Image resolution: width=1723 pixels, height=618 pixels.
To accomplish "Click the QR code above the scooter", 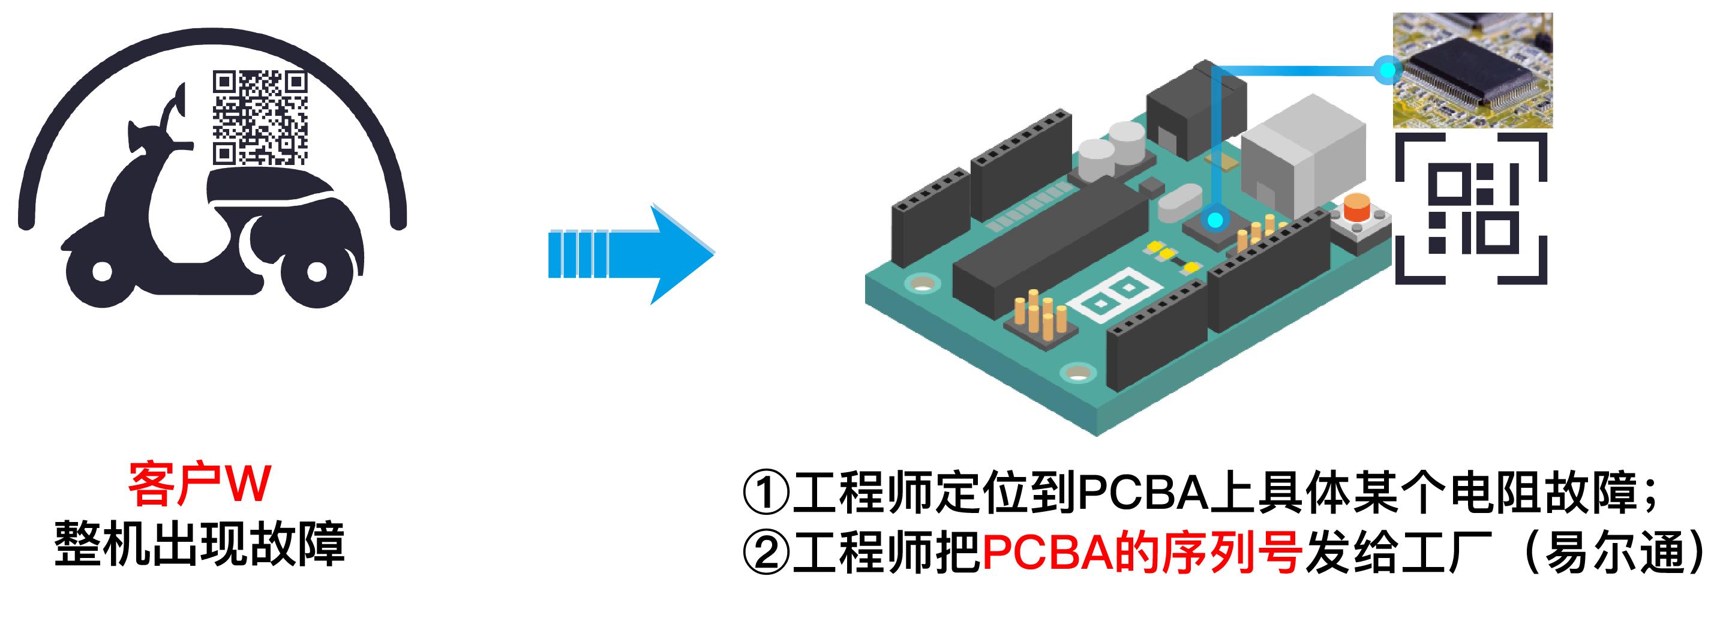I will (x=260, y=118).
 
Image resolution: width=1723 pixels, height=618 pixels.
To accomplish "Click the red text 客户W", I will (x=199, y=483).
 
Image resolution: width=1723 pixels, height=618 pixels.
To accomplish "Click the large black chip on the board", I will (x=1050, y=241).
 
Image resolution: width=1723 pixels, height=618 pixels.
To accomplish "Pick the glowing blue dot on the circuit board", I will (x=1215, y=220).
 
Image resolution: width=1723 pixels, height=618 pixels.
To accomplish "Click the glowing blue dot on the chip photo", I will (x=1388, y=70).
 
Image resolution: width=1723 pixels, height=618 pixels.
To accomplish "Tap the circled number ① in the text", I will (x=767, y=494).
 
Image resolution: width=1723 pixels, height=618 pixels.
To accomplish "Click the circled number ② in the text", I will (x=767, y=554).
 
